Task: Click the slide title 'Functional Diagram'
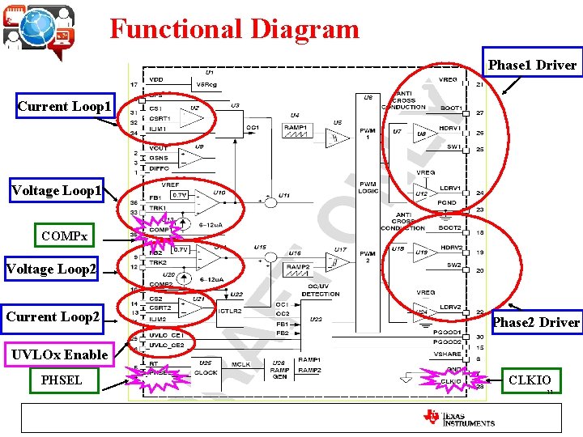234,29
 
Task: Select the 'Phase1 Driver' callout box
532,65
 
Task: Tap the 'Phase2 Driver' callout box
537,322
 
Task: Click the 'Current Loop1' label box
65,106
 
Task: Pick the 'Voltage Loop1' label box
57,191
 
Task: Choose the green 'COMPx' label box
65,237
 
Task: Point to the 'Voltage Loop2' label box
50,269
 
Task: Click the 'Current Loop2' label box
53,316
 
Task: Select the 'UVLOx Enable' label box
59,354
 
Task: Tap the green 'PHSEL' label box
62,380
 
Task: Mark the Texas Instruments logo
458,418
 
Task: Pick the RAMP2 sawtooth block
298,269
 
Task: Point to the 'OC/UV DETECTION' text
321,291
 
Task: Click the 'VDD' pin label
156,79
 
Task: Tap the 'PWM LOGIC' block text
368,188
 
